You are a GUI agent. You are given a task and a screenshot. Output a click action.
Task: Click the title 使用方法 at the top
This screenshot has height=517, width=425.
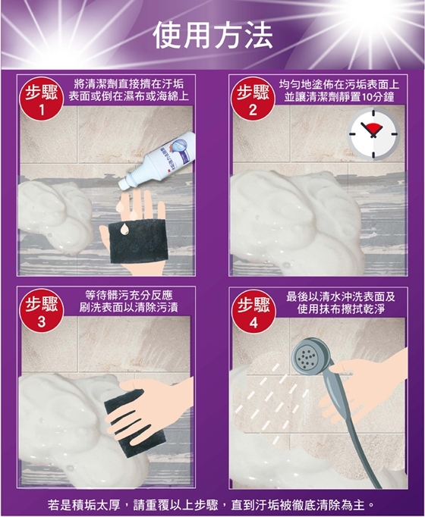pos(213,36)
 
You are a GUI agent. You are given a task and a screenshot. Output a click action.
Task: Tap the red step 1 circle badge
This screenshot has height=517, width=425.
pos(42,99)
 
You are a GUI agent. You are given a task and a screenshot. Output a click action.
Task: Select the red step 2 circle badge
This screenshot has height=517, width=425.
pos(253,99)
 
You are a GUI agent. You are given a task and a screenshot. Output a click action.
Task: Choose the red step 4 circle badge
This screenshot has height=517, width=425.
pos(253,312)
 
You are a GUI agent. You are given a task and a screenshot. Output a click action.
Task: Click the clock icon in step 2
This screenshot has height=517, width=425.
pos(373,134)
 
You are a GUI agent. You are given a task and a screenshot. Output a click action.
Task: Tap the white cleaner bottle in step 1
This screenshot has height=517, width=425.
pos(157,161)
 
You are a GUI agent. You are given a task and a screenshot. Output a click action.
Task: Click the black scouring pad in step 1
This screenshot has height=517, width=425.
pos(139,241)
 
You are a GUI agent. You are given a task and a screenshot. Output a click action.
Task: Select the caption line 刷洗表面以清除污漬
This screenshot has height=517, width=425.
pos(129,307)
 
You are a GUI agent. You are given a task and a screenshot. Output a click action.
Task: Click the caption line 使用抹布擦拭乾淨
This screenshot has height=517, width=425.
pos(341,309)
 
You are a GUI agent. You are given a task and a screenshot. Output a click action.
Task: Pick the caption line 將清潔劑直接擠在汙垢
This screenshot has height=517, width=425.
pos(129,83)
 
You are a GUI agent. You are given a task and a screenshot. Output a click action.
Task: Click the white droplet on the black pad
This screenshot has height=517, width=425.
pos(124,229)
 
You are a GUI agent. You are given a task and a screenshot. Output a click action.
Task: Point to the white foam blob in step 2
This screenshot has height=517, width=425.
pos(297,221)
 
